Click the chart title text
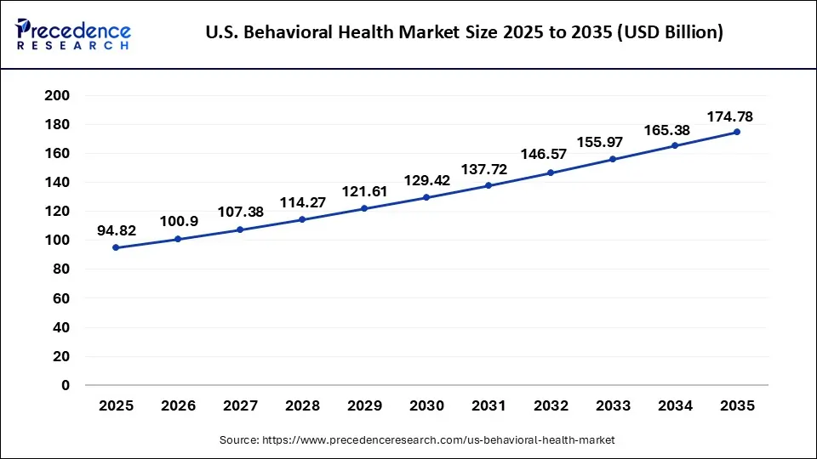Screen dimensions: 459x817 pyautogui.click(x=465, y=33)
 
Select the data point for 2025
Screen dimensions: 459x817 pyautogui.click(x=116, y=247)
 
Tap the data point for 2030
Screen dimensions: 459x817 pyautogui.click(x=426, y=197)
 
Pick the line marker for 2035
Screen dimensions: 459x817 pyautogui.click(x=737, y=132)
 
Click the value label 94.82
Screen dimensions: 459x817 pyautogui.click(x=116, y=230)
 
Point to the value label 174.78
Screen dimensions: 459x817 pyautogui.click(x=729, y=116)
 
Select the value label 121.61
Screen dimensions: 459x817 pyautogui.click(x=364, y=192)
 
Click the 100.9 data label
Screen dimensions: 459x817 pyautogui.click(x=178, y=222)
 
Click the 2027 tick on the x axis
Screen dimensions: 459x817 pyautogui.click(x=240, y=406)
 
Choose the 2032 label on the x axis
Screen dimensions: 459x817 pyautogui.click(x=551, y=406)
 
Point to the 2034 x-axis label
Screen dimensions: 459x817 pyautogui.click(x=675, y=406)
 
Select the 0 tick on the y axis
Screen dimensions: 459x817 pyautogui.click(x=65, y=385)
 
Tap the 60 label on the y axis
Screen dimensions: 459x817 pyautogui.click(x=60, y=298)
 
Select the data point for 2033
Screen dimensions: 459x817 pyautogui.click(x=613, y=159)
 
